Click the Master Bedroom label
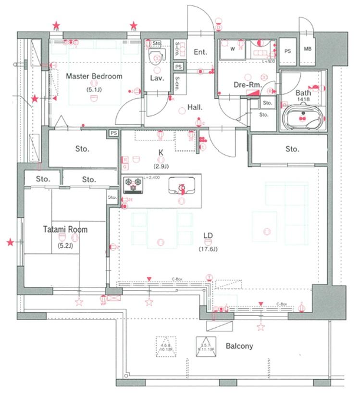point(94,76)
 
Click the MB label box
point(307,50)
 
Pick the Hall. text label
point(195,107)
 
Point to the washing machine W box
point(233,49)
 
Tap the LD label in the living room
point(208,235)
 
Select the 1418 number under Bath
point(303,99)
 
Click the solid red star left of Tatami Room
point(10,242)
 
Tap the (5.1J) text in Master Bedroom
point(94,89)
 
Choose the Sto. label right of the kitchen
point(292,149)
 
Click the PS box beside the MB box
point(288,51)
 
